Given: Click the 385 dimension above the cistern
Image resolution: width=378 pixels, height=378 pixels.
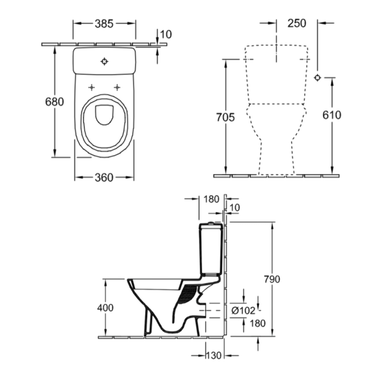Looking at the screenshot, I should tap(104, 24).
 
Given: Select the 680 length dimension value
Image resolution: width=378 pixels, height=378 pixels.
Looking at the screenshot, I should tap(55, 101).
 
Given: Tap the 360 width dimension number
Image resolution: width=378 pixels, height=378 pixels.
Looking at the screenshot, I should tap(104, 178).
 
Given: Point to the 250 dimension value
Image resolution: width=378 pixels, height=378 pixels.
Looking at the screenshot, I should tap(297, 23).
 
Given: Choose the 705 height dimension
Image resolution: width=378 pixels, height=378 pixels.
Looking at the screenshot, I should tap(225, 117).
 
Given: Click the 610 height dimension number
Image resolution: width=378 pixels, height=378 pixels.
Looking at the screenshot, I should tap(332, 115).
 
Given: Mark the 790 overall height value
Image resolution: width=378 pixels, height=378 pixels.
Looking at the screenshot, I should tap(272, 279).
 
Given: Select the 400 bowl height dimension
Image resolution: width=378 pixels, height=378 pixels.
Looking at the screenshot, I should tap(105, 308).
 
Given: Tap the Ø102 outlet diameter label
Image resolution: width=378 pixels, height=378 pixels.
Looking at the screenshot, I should tap(243, 311).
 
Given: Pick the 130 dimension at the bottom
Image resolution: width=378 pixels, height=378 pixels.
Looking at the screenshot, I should tap(213, 355).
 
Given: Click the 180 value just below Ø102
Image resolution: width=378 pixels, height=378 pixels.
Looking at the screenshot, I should tap(258, 323).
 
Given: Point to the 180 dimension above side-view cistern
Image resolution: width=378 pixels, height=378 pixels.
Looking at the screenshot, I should tap(211, 199).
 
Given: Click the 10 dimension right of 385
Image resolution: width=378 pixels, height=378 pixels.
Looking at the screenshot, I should tap(166, 34).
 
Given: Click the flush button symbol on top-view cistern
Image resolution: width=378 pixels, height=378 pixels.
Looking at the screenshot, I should tap(104, 61).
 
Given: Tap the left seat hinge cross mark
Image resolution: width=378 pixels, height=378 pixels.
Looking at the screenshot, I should tap(92, 87).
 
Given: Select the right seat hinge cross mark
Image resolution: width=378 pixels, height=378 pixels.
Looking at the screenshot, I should tap(117, 87).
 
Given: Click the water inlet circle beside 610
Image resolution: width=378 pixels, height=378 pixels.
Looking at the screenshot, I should tap(317, 77).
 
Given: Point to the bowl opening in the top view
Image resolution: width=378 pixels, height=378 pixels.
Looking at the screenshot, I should tap(105, 115).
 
